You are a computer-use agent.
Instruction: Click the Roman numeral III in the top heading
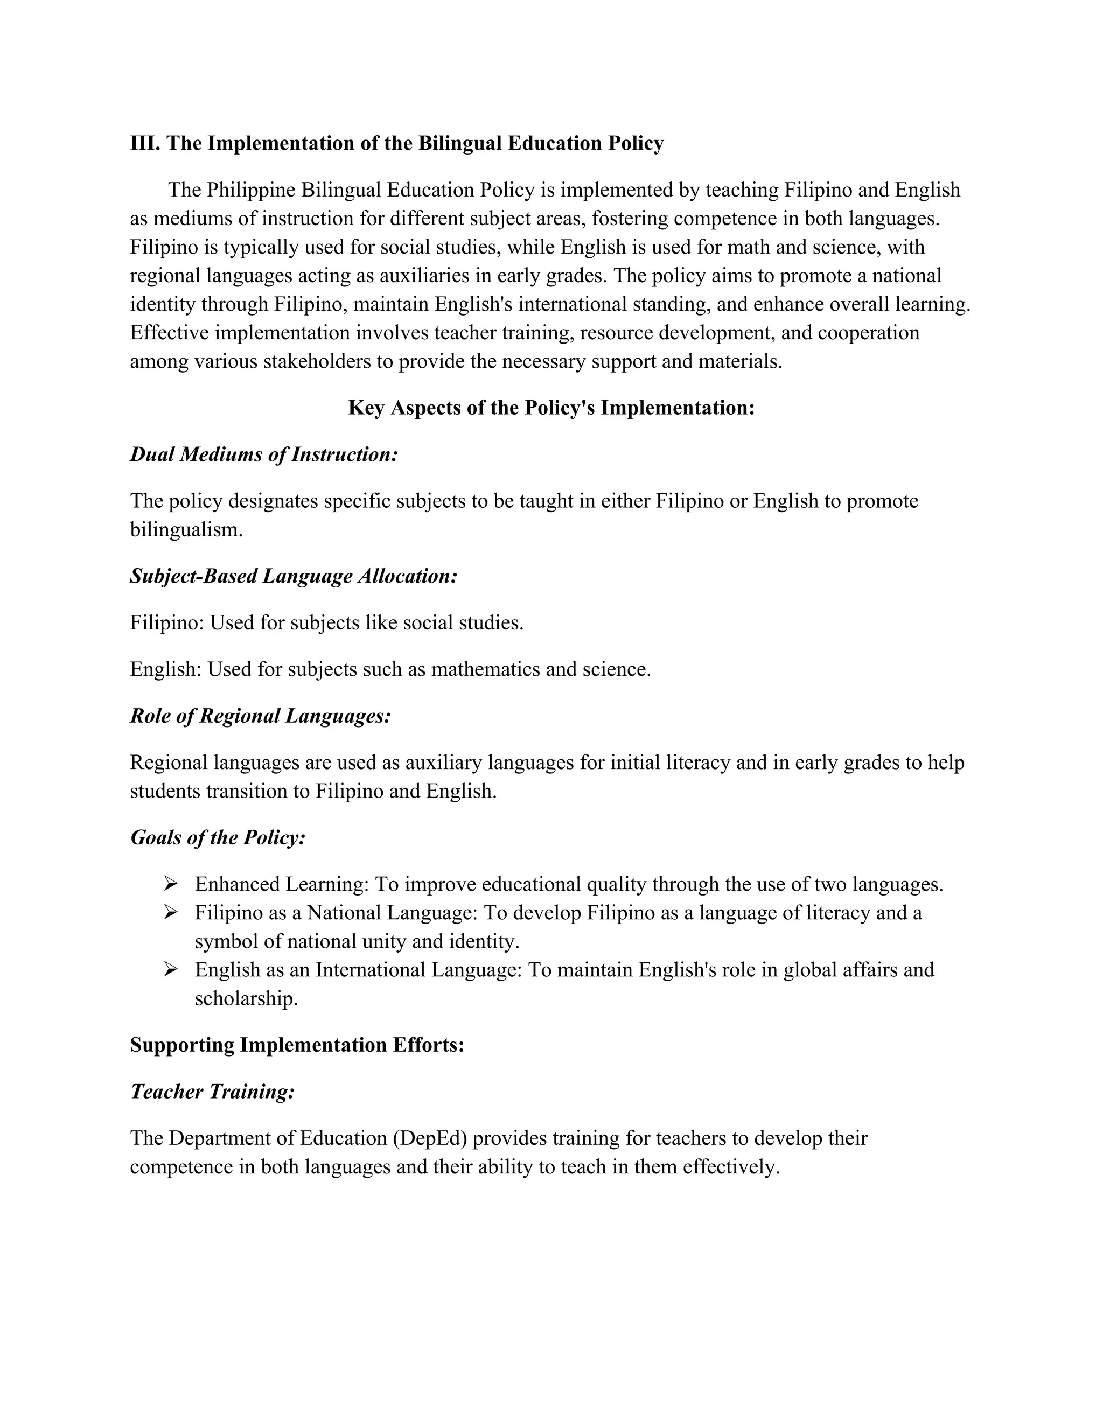point(145,143)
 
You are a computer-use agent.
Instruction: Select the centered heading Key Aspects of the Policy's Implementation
point(551,408)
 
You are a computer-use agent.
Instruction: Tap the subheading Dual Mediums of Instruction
point(264,454)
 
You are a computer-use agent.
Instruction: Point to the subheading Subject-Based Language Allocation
point(294,576)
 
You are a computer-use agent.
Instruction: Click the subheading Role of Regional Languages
point(261,716)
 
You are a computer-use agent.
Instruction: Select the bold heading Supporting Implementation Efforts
point(297,1045)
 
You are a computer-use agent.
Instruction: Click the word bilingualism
point(186,529)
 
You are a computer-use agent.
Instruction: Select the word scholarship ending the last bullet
point(246,998)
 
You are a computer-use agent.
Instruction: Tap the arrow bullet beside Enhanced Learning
point(171,884)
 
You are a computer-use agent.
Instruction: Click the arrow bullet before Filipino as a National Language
point(171,913)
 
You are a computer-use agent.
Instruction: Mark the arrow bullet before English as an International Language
point(171,970)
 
